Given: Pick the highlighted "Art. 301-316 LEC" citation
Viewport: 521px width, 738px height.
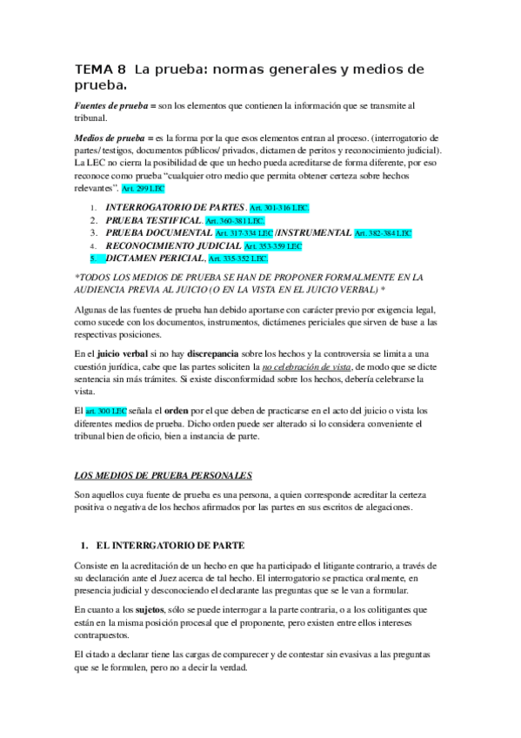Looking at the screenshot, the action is (x=278, y=210).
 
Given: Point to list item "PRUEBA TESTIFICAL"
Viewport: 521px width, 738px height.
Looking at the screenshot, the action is (x=153, y=221).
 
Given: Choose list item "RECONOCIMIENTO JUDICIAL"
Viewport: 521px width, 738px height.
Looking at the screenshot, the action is (x=173, y=246).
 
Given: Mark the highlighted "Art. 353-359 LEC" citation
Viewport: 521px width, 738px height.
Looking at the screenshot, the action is (x=275, y=246).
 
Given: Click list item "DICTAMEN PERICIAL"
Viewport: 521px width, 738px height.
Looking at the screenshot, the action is (x=155, y=258).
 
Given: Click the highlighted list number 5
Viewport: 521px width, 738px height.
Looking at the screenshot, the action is (x=94, y=258).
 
